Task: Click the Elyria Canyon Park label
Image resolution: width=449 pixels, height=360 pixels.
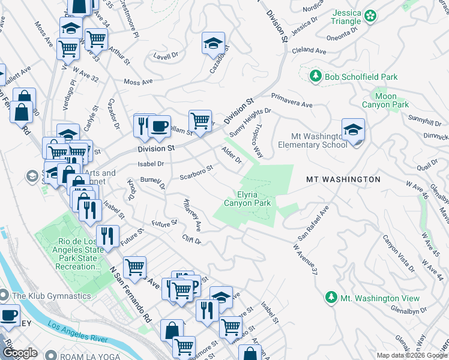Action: coord(247,198)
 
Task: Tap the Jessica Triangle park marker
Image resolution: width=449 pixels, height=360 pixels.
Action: coord(371,14)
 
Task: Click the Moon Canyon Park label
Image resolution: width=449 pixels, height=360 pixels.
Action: coord(385,100)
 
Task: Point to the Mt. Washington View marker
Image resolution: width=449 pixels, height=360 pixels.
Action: coord(331,298)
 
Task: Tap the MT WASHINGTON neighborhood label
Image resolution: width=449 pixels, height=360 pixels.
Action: coord(343,179)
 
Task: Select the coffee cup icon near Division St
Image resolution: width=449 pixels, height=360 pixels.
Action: coord(159,126)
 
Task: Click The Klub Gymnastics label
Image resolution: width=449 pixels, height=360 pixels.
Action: coord(51,295)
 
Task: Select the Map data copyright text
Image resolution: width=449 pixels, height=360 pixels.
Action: coord(411,355)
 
